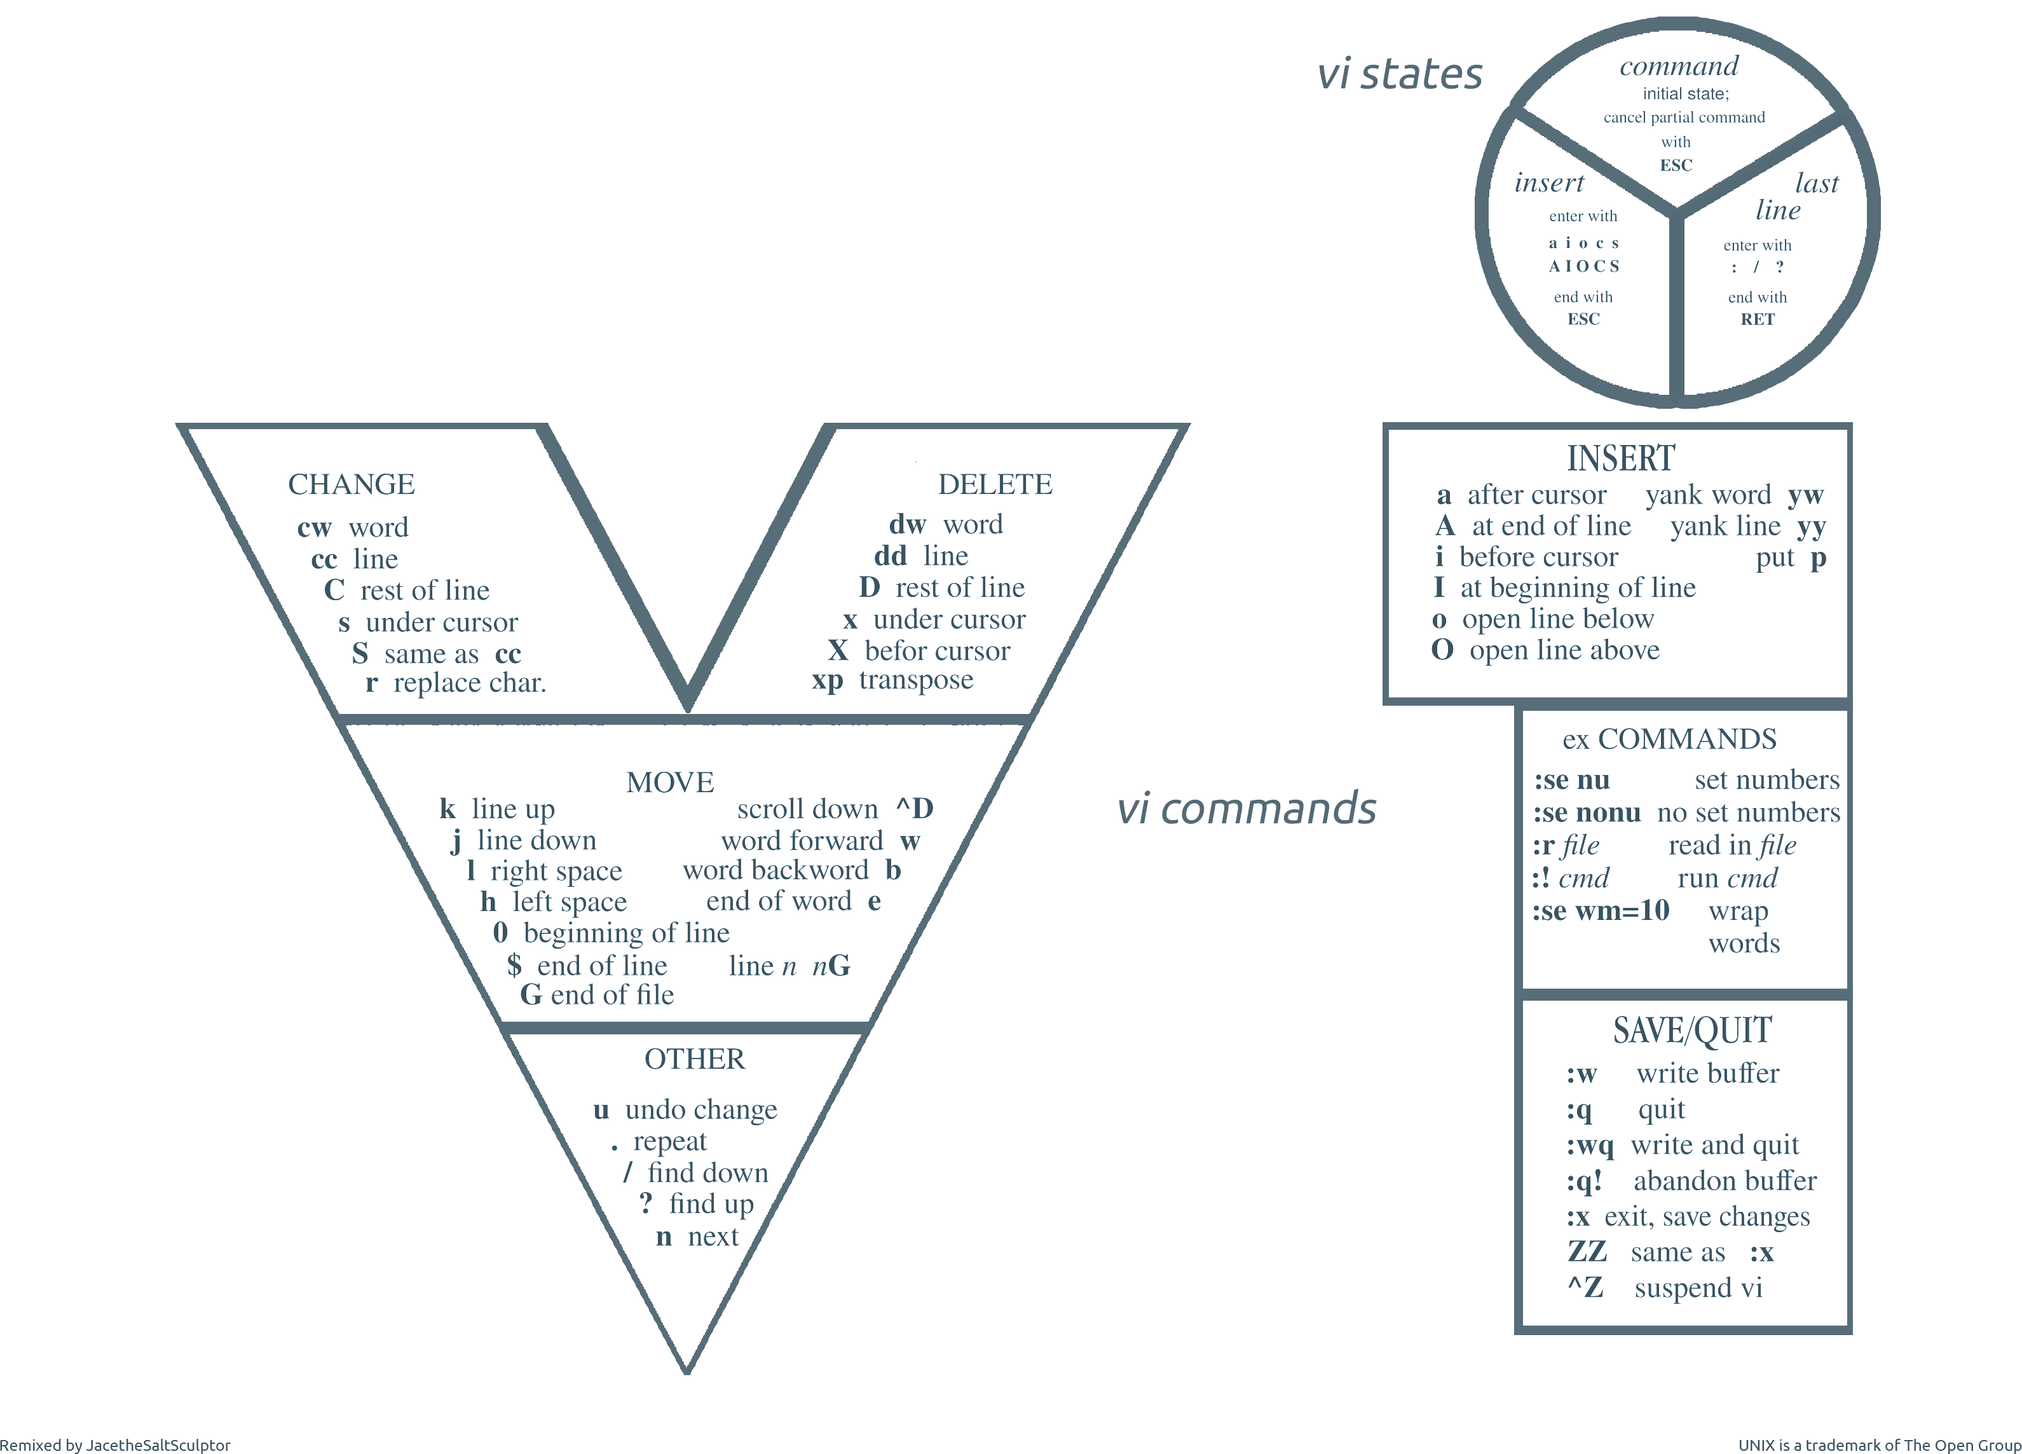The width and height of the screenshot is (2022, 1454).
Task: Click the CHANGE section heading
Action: [352, 484]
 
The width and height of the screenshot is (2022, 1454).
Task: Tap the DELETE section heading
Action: [995, 484]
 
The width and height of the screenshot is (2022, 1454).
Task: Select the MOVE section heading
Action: [671, 782]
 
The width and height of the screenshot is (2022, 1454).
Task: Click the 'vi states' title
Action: [1400, 74]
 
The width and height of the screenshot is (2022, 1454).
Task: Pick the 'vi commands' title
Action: [1247, 809]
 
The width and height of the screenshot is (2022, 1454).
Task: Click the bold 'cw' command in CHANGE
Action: [315, 528]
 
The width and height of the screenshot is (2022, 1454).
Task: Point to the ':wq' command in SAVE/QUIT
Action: [1590, 1146]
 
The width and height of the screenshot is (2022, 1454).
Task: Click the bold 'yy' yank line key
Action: [1812, 528]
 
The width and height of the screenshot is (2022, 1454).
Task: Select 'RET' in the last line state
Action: [1757, 319]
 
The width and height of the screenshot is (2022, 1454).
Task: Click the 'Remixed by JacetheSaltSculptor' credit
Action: [115, 1445]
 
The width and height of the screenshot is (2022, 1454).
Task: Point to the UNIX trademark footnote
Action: [1880, 1445]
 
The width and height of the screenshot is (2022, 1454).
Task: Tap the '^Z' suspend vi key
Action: [1585, 1287]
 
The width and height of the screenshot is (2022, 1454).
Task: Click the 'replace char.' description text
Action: [470, 683]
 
